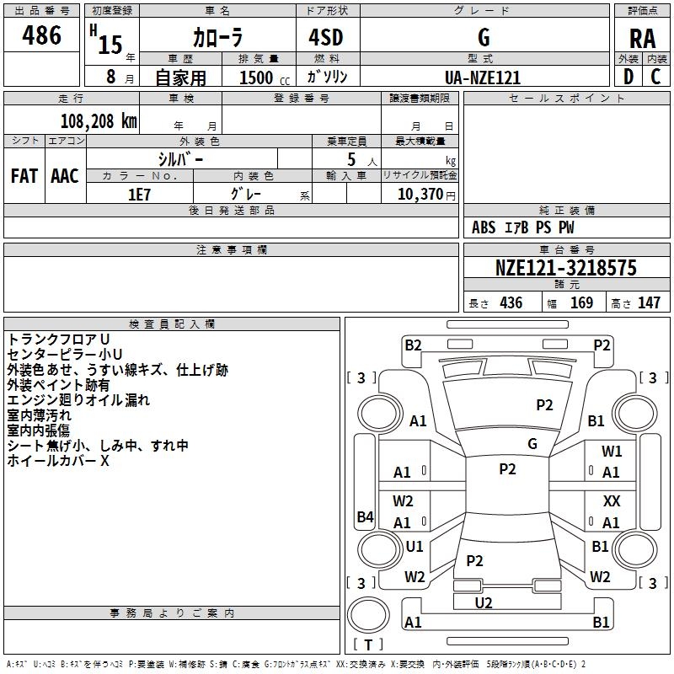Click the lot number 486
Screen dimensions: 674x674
click(x=43, y=35)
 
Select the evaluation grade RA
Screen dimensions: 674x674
click(x=642, y=38)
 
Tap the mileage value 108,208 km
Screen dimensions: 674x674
click(x=99, y=120)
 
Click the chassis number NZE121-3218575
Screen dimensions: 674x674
click(x=565, y=269)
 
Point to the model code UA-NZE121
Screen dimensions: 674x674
click(x=483, y=78)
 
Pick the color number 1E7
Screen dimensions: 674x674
click(x=139, y=193)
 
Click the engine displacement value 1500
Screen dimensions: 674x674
click(x=256, y=78)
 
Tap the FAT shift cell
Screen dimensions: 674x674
click(x=24, y=176)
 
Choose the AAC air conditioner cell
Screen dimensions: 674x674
click(x=65, y=176)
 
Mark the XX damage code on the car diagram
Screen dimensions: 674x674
click(x=612, y=500)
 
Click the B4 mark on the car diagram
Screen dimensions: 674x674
click(x=365, y=517)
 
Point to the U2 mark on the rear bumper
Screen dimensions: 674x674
click(x=484, y=602)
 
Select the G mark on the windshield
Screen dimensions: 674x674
click(x=532, y=444)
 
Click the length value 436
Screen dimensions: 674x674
click(x=511, y=303)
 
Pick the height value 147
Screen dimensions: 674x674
click(x=649, y=303)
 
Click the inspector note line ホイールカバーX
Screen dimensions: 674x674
click(x=58, y=461)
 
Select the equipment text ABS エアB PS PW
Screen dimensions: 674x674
click(x=523, y=227)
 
